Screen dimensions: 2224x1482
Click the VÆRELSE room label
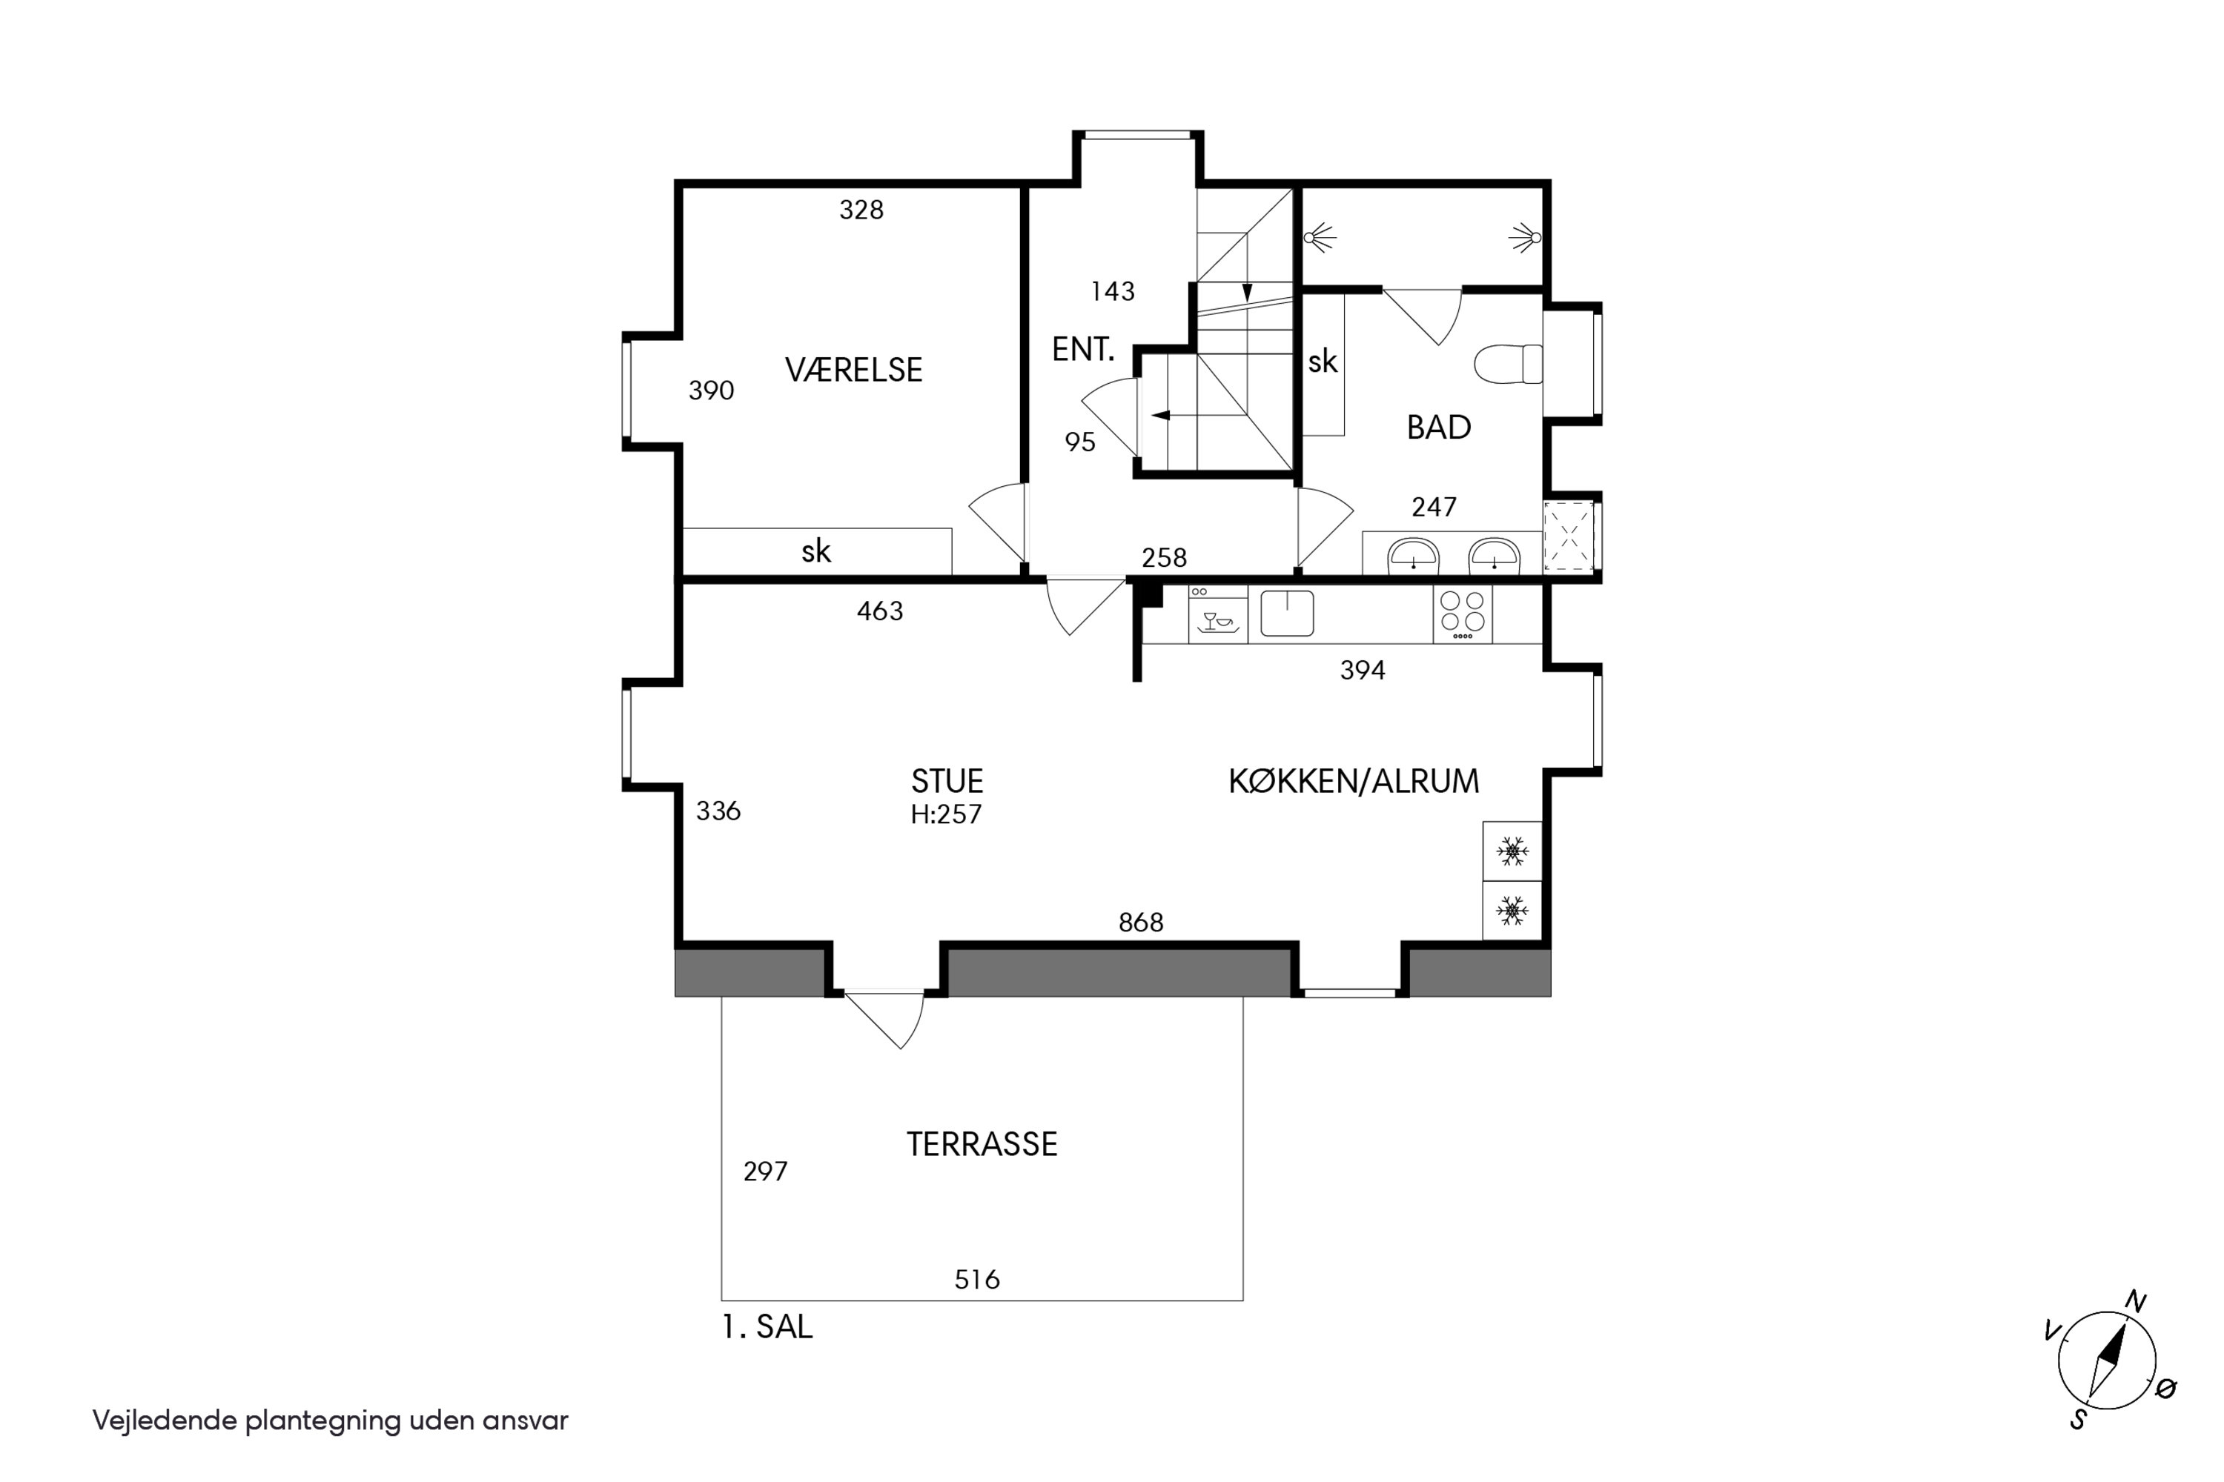coord(853,370)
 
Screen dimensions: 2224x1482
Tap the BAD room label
coord(1438,428)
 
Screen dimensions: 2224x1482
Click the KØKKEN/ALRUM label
coord(1353,781)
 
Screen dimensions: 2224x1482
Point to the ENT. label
coord(1082,350)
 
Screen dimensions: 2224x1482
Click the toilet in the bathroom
coord(1508,365)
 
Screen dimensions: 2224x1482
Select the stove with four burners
coord(1462,614)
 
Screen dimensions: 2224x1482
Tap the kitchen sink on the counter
coord(1287,613)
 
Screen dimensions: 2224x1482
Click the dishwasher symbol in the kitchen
coord(1218,614)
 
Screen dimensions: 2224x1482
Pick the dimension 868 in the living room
coord(1140,923)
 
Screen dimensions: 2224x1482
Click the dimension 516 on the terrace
coord(977,1280)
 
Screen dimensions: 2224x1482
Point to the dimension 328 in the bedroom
coord(861,210)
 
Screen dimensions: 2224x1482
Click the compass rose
coord(2107,1361)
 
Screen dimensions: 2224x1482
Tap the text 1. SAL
coord(767,1327)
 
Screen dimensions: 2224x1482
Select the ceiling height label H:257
coord(946,814)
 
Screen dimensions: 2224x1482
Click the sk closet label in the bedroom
coord(816,551)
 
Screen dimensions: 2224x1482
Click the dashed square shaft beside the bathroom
coord(1569,536)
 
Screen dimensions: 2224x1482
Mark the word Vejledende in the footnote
coord(165,1420)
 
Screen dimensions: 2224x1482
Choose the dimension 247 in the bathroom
coord(1434,508)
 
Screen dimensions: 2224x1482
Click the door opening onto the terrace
coord(884,1020)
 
